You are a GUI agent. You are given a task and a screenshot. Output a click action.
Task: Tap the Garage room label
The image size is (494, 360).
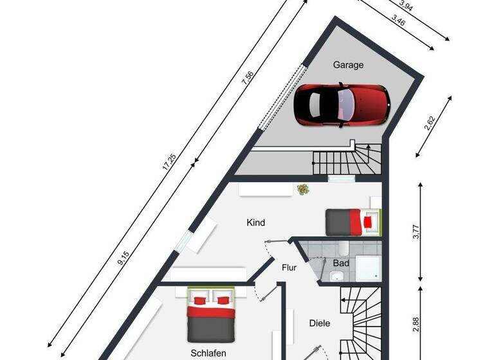click(x=348, y=65)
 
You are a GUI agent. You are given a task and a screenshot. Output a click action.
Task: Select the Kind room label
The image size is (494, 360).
click(x=256, y=223)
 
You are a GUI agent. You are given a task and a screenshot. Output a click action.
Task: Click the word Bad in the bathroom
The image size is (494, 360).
click(x=341, y=263)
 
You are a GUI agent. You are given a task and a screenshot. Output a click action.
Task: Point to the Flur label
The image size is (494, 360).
click(x=289, y=267)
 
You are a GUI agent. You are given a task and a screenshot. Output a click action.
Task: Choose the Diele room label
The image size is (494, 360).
click(x=319, y=323)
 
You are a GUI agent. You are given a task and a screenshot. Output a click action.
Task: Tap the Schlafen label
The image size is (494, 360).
click(x=208, y=353)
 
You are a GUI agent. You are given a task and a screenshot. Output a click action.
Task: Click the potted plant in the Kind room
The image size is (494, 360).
click(x=302, y=190)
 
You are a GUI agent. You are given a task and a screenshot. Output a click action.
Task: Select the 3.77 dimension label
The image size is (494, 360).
click(x=415, y=231)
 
